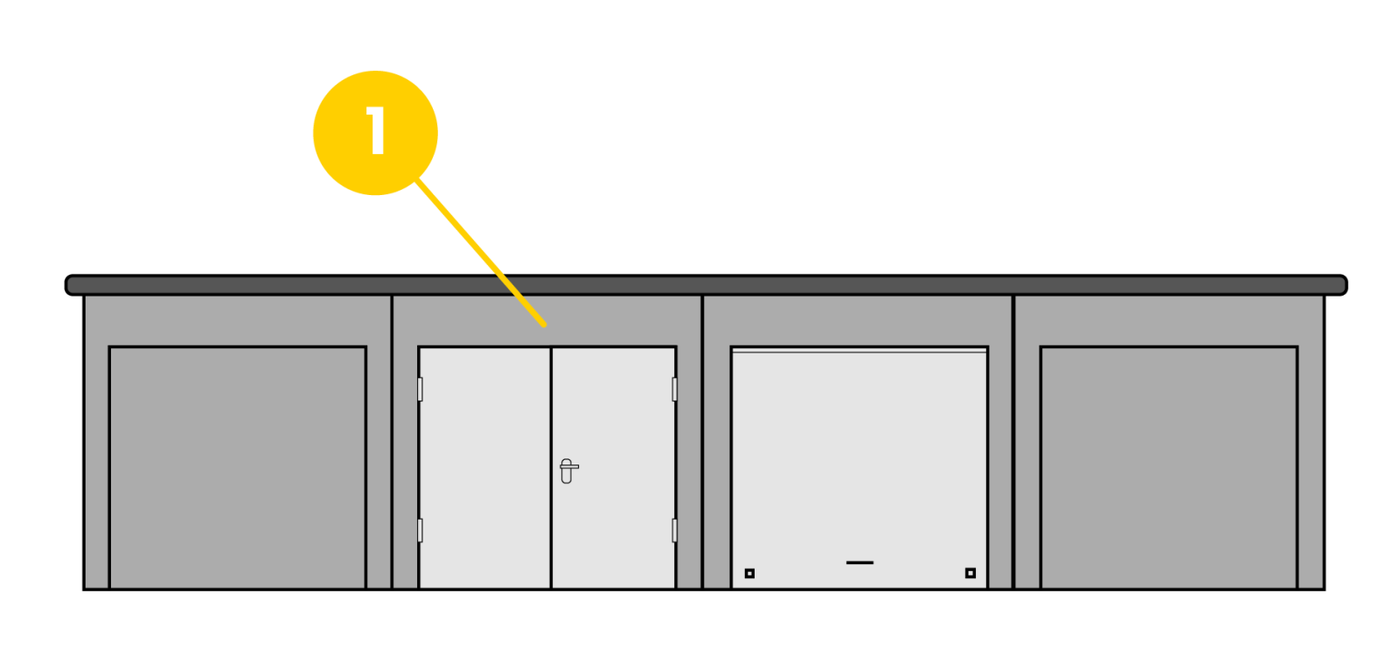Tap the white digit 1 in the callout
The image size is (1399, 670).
376,131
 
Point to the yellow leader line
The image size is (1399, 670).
481,253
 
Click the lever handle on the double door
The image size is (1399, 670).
567,470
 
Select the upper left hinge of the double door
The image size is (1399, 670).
420,389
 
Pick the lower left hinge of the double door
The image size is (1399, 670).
420,530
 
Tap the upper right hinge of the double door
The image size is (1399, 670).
674,389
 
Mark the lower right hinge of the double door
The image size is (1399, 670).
674,530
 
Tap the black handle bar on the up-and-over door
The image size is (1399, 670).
860,562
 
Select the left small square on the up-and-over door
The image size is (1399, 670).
749,574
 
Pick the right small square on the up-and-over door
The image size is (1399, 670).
970,573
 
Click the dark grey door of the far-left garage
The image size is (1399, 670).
237,468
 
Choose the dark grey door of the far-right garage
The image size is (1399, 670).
1168,468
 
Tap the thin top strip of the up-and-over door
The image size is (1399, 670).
860,351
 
